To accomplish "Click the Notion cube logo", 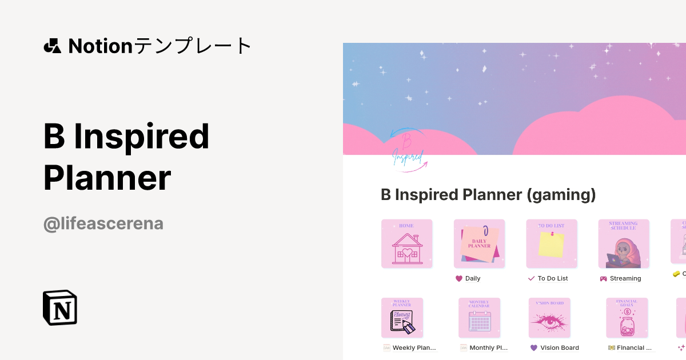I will pyautogui.click(x=60, y=307).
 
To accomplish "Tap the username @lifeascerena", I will pyautogui.click(x=103, y=223).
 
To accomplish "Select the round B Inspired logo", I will pyautogui.click(x=408, y=152).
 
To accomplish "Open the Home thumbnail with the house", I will pyautogui.click(x=406, y=244).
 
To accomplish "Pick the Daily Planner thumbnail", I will pyautogui.click(x=479, y=244).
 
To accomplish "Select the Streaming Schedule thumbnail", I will pyautogui.click(x=624, y=244).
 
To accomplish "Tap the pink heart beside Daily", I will pyautogui.click(x=458, y=278).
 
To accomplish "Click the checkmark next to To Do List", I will pyautogui.click(x=531, y=278).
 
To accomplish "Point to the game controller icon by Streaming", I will pyautogui.click(x=603, y=278).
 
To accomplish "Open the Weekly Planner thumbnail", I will pyautogui.click(x=402, y=318).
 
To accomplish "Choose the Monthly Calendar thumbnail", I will pyautogui.click(x=479, y=318).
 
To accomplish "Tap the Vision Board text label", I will pyautogui.click(x=560, y=347).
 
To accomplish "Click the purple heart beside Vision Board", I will pyautogui.click(x=534, y=347).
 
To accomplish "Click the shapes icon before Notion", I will pyautogui.click(x=52, y=46).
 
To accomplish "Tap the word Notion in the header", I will pyautogui.click(x=101, y=46).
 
